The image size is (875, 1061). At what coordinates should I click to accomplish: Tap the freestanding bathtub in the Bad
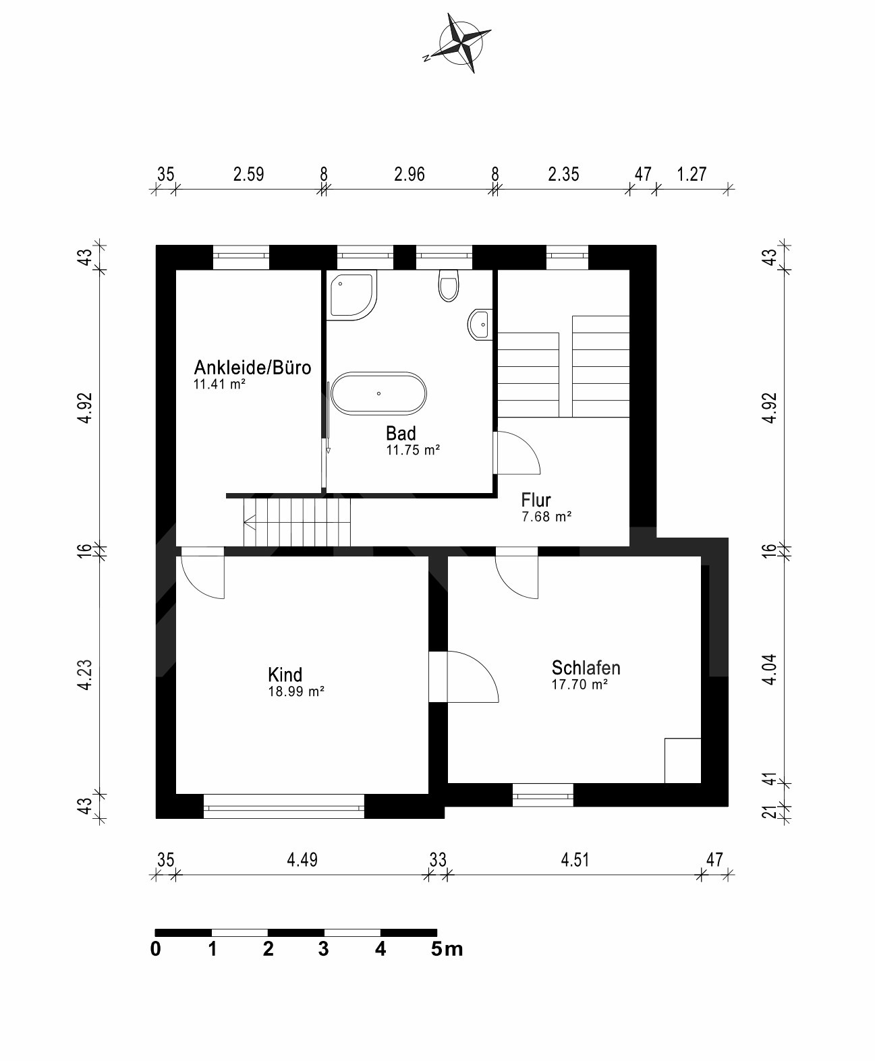coord(380,393)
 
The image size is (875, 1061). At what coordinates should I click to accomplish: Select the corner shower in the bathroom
coord(351,295)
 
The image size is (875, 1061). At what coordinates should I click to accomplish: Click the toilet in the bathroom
coord(449,284)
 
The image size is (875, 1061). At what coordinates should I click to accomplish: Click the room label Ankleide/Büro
coord(252,368)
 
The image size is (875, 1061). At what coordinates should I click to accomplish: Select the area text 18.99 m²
coord(296,691)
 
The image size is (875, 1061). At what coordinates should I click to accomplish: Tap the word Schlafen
coord(586,668)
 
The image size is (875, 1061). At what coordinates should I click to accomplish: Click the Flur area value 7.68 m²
coord(546,517)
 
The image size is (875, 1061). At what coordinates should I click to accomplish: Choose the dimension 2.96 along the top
coord(410,174)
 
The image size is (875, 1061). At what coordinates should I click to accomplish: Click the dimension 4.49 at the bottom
coord(302,860)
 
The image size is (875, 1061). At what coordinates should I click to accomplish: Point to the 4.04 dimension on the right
coord(770,669)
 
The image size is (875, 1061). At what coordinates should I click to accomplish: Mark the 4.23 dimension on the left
coord(84,675)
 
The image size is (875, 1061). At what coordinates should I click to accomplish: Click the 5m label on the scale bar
coord(447,949)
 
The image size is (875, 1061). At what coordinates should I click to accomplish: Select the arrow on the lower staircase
coord(250,520)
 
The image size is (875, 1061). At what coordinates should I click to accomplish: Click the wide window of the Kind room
coord(283,805)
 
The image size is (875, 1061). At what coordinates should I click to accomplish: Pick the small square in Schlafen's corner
coord(682,760)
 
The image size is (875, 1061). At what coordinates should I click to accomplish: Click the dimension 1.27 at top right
coord(691,174)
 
